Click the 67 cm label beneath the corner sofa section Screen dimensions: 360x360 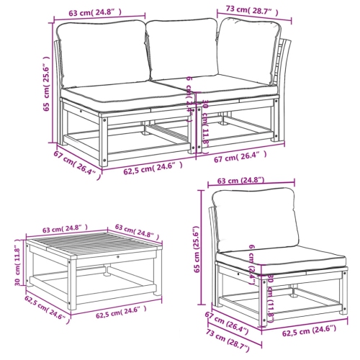point(241,156)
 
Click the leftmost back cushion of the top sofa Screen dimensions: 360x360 point(101,53)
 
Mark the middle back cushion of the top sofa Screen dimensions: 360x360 point(181,52)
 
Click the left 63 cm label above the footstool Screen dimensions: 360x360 point(60,230)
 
